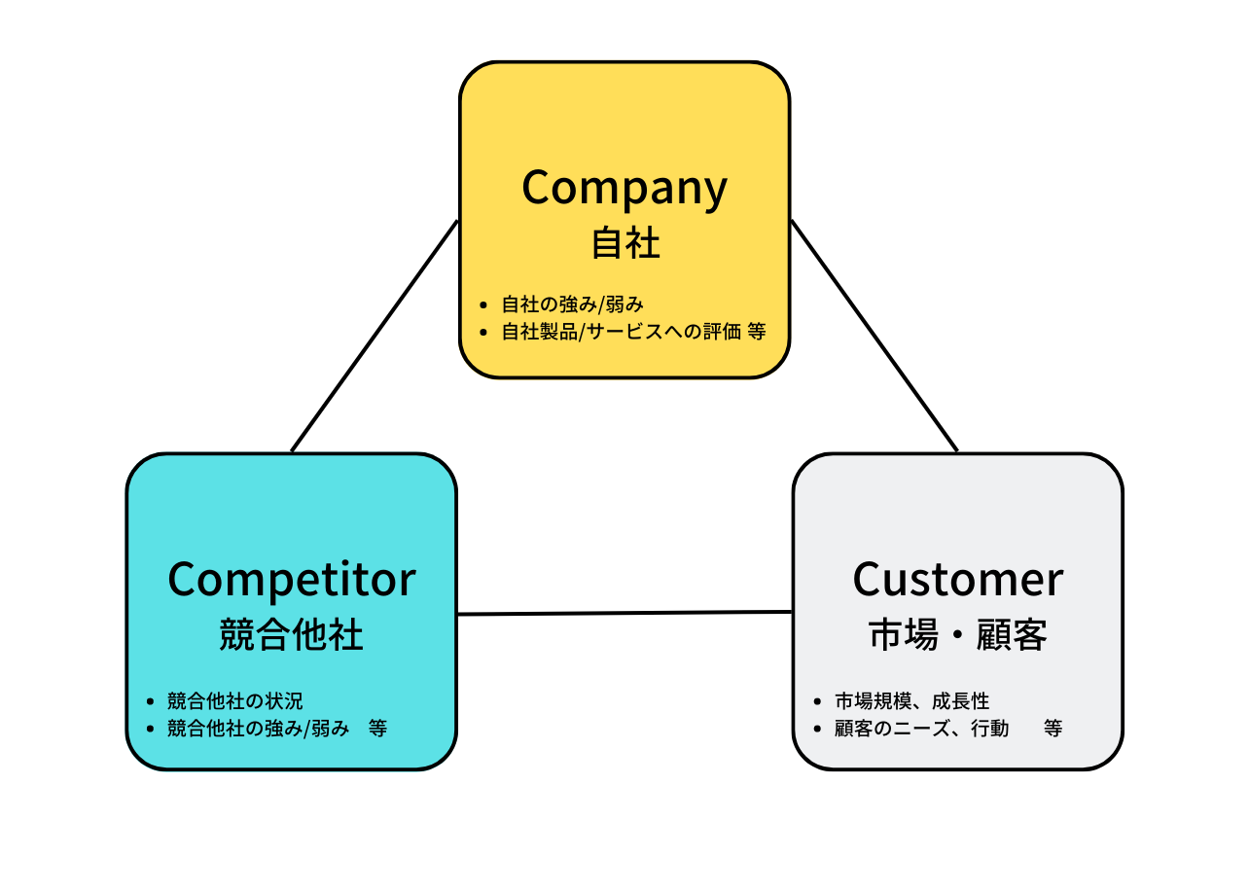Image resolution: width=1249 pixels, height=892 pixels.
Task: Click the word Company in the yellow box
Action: click(x=624, y=188)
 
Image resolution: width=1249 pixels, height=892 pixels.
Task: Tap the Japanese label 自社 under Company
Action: click(x=625, y=243)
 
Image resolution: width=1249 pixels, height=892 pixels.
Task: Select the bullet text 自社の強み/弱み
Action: click(x=572, y=304)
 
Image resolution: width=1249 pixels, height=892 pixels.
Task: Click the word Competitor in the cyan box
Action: click(x=291, y=580)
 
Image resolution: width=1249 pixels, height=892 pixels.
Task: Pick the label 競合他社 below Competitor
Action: click(x=291, y=635)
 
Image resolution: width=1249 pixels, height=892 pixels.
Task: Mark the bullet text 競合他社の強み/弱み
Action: click(x=257, y=728)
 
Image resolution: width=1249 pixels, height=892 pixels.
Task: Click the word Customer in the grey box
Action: click(x=957, y=580)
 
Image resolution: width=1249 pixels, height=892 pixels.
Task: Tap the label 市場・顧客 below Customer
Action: click(x=957, y=635)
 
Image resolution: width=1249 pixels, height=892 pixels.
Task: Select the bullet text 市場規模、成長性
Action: click(x=911, y=700)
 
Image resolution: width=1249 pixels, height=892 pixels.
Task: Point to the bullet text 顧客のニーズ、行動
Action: click(x=921, y=728)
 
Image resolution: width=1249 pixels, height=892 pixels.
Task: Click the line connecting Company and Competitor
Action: click(x=375, y=336)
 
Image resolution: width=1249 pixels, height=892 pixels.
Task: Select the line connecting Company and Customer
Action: click(x=874, y=336)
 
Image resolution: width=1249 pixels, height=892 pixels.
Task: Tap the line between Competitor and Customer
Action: click(x=624, y=613)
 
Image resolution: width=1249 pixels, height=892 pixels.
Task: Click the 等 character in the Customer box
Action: click(x=1053, y=728)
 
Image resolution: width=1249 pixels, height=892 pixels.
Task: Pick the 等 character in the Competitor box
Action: click(x=377, y=728)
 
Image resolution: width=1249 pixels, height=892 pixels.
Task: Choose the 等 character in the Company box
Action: click(x=757, y=332)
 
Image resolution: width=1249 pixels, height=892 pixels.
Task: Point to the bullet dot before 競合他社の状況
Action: click(x=150, y=700)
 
